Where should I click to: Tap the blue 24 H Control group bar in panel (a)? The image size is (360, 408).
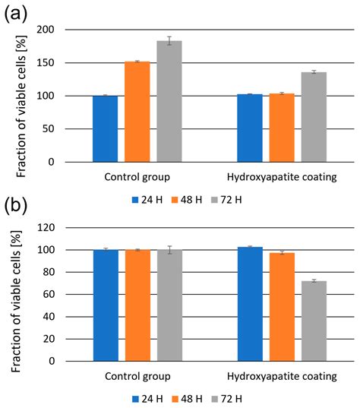click(x=105, y=128)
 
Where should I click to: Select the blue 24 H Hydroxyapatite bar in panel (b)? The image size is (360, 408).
click(x=250, y=304)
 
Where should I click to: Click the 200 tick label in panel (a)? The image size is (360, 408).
click(x=68, y=30)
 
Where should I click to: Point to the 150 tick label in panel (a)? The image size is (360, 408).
click(x=68, y=63)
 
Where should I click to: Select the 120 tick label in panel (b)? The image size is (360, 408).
click(x=68, y=228)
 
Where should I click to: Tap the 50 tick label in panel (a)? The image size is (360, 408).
click(x=71, y=129)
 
